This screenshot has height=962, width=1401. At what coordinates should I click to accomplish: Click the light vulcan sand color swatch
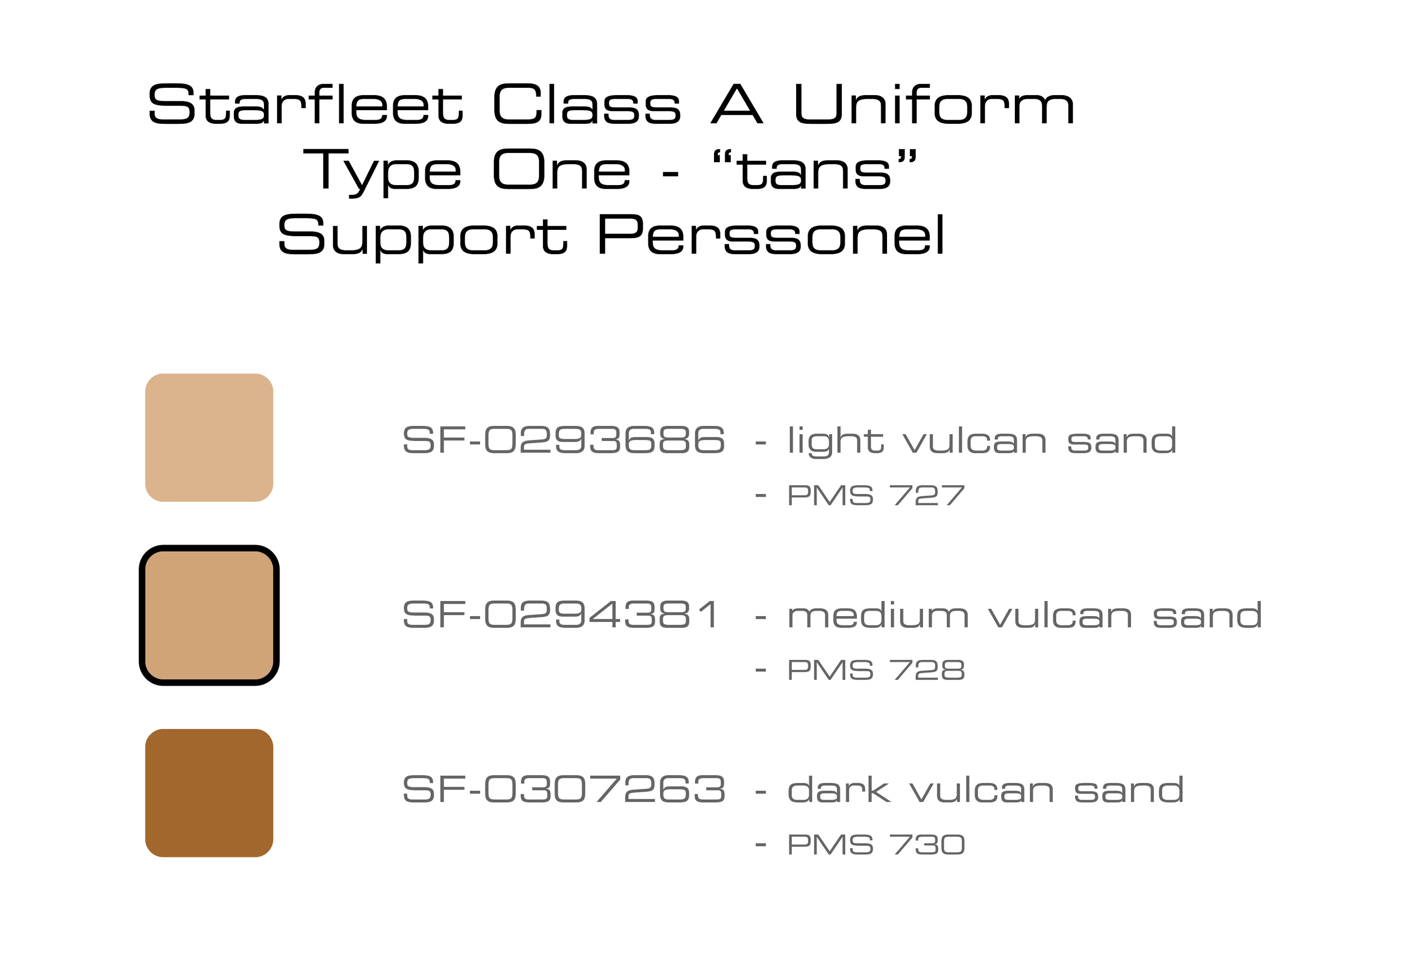pyautogui.click(x=209, y=437)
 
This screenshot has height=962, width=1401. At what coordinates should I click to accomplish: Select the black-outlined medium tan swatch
pyautogui.click(x=209, y=615)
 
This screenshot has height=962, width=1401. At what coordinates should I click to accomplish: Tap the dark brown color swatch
pyautogui.click(x=209, y=793)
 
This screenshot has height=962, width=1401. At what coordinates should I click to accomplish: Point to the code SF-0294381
pyautogui.click(x=561, y=614)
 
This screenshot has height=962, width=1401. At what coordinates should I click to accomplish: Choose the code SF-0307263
pyautogui.click(x=564, y=789)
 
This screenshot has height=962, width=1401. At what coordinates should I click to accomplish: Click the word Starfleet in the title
pyautogui.click(x=306, y=103)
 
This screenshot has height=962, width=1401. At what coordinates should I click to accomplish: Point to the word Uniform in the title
pyautogui.click(x=934, y=103)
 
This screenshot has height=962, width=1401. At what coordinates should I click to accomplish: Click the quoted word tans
pyautogui.click(x=814, y=170)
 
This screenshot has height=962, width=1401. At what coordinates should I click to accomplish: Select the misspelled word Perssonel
pyautogui.click(x=771, y=235)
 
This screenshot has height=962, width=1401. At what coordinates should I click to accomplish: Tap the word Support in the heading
pyautogui.click(x=422, y=238)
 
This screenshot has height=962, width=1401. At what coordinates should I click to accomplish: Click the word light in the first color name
pyautogui.click(x=836, y=441)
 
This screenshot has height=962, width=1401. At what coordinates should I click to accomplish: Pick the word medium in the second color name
pyautogui.click(x=878, y=615)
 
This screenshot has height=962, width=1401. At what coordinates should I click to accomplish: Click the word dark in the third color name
pyautogui.click(x=839, y=789)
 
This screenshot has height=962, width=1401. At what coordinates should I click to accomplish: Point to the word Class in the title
pyautogui.click(x=587, y=103)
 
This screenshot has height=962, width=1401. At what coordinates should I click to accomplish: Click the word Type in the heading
pyautogui.click(x=382, y=173)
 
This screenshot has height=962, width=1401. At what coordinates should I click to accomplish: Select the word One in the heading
pyautogui.click(x=562, y=170)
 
